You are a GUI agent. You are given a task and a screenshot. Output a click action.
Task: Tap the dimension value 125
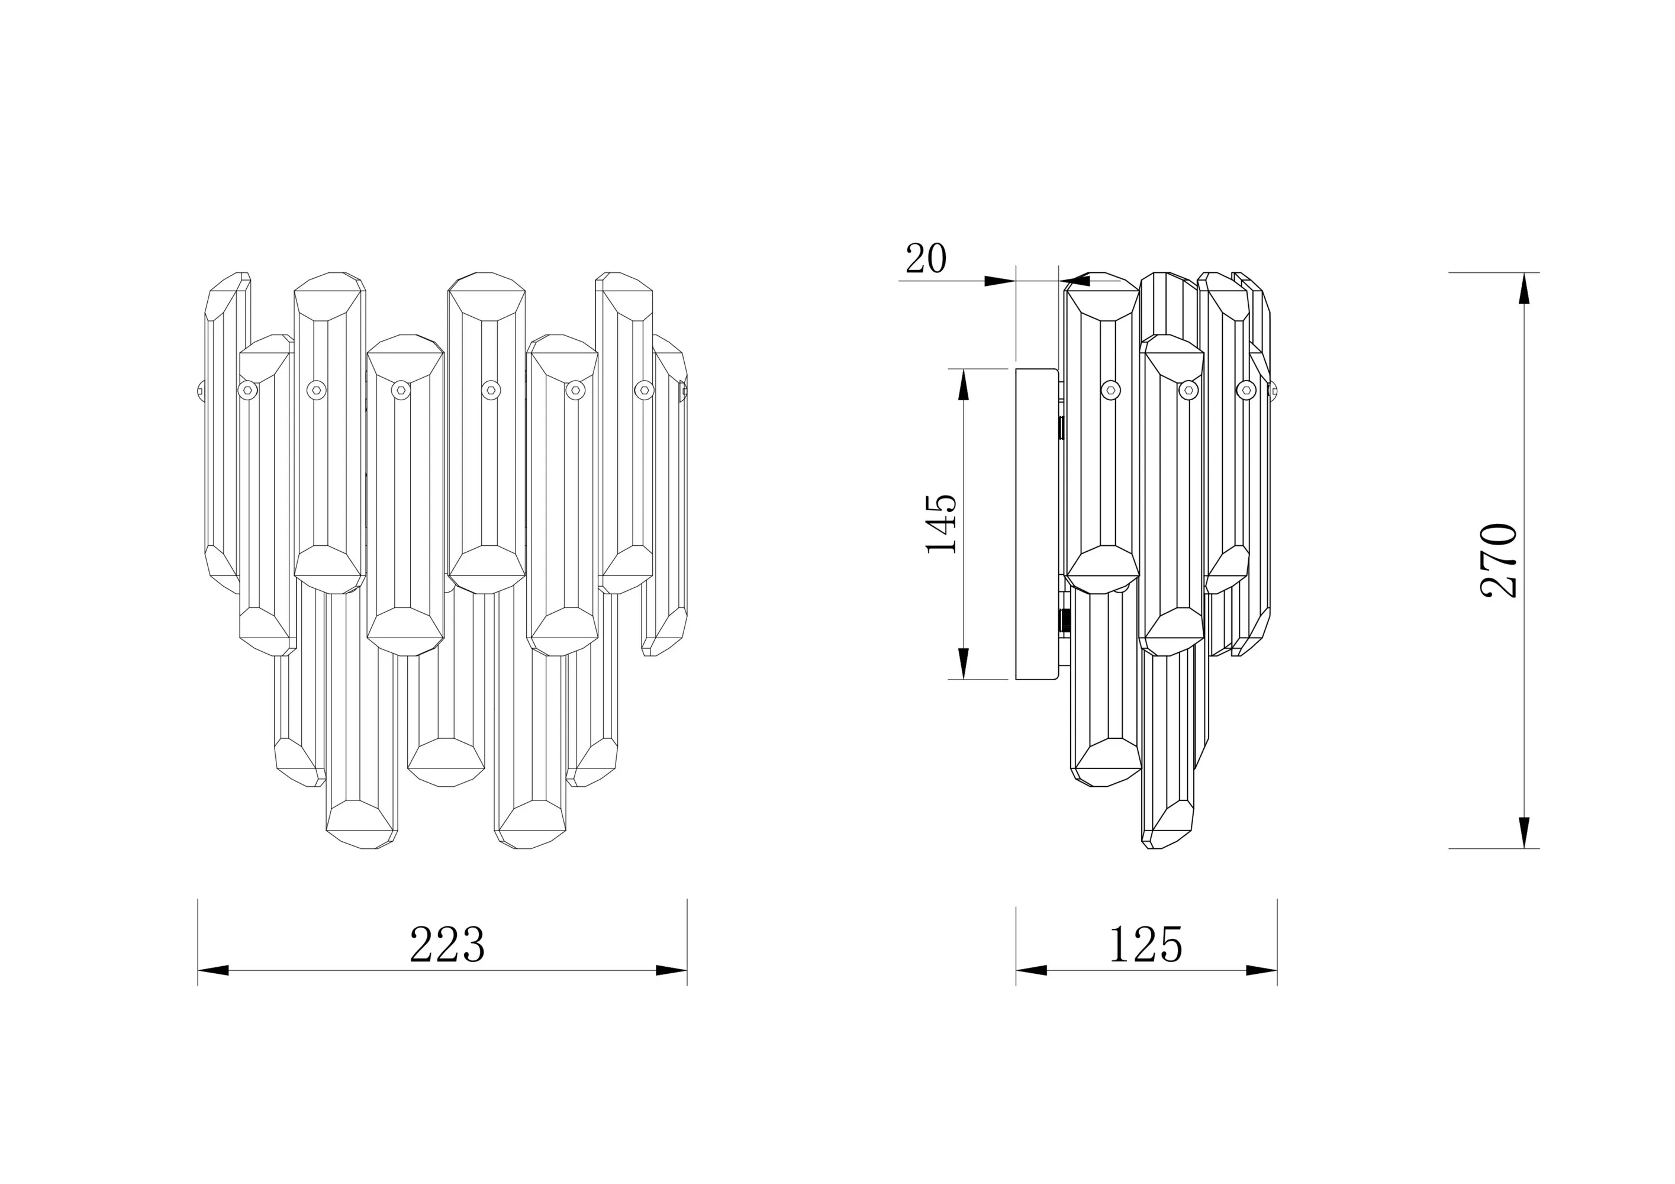1145,945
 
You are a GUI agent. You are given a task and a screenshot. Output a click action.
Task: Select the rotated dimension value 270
1500,560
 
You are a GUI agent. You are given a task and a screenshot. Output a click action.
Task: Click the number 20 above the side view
926,258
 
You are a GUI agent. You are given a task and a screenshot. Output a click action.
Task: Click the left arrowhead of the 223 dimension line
213,970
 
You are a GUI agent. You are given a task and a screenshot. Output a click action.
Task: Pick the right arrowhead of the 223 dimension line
671,970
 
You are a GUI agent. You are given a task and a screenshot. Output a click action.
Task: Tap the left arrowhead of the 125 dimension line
1032,970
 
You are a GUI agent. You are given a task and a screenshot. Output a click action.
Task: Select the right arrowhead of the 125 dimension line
1261,970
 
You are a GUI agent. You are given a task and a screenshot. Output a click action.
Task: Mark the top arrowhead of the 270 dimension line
1524,288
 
